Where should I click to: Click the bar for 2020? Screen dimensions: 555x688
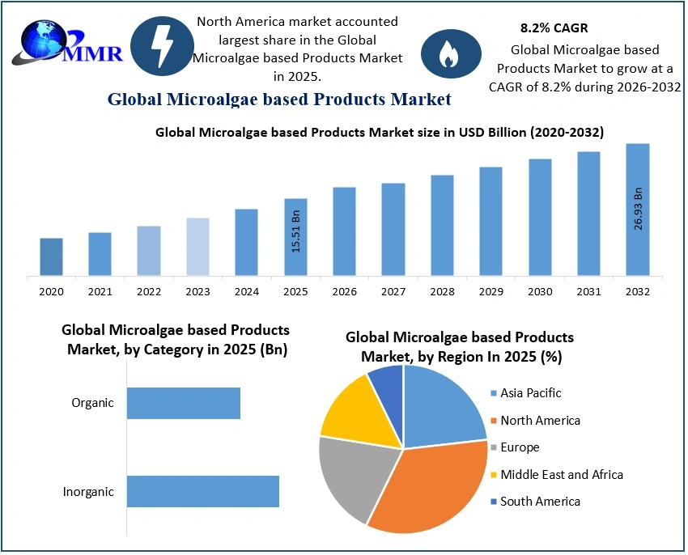point(51,256)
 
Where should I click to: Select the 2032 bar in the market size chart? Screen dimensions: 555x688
point(637,210)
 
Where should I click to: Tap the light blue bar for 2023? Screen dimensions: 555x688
point(197,247)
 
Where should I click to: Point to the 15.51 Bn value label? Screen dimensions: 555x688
point(296,231)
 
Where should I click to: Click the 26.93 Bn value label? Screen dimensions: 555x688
point(638,209)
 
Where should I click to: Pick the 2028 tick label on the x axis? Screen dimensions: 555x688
point(442,291)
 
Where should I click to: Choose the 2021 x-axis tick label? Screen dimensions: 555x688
point(100,291)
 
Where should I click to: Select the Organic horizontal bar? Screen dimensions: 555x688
point(184,403)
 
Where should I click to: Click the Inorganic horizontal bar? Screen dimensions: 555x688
point(202,491)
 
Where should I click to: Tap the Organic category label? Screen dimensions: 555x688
point(93,403)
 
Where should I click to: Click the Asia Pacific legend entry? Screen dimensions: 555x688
point(531,393)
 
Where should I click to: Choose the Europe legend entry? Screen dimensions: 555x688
point(520,447)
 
